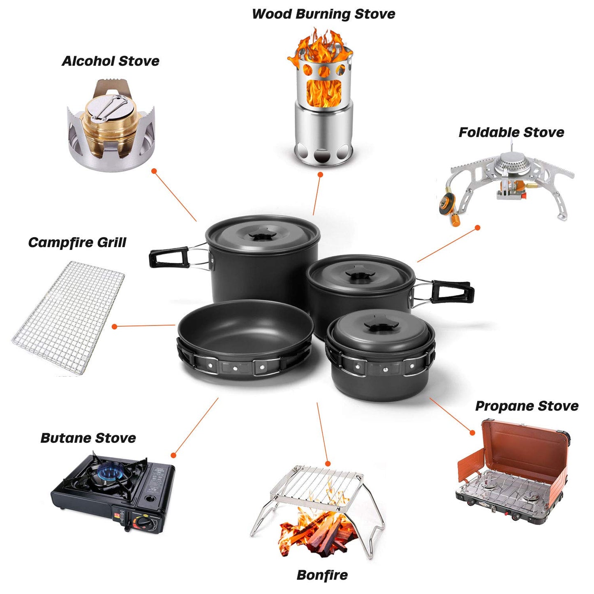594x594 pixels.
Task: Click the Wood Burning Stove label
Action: point(323,14)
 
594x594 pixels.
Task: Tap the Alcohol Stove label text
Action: point(110,61)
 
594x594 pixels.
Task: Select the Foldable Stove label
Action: point(511,132)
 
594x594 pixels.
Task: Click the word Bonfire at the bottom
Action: point(322,575)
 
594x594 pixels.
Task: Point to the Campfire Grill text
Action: point(77,242)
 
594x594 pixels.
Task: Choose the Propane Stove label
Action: point(527,406)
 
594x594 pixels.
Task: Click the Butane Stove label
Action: point(88,438)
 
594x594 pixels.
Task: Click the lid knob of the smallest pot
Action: point(379,326)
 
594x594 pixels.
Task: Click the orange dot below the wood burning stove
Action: point(320,175)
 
